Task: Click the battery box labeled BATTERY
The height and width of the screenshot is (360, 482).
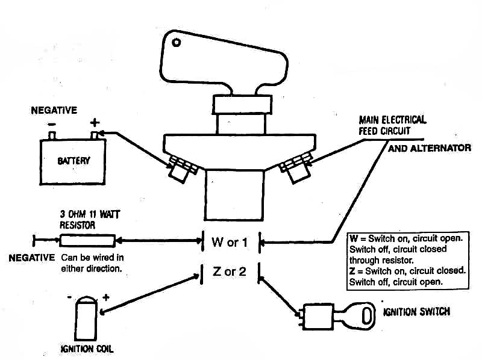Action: [x=74, y=161]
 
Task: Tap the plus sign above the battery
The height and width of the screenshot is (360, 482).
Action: [x=94, y=122]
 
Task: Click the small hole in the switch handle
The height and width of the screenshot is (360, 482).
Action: [x=177, y=43]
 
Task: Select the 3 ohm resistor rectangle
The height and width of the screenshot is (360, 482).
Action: [x=87, y=241]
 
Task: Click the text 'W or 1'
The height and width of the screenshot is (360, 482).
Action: [x=230, y=243]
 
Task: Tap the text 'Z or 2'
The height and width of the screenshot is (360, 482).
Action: [x=230, y=272]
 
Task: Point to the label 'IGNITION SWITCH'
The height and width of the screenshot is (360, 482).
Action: [x=416, y=312]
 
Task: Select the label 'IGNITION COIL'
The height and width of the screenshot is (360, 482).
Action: [x=87, y=349]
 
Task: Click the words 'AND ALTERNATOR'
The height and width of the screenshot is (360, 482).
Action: [x=429, y=148]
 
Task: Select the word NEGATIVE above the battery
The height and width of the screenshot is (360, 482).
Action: [x=54, y=110]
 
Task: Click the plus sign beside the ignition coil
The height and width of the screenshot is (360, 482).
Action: [x=106, y=297]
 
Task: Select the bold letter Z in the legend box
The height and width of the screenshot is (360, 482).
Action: [x=352, y=271]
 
